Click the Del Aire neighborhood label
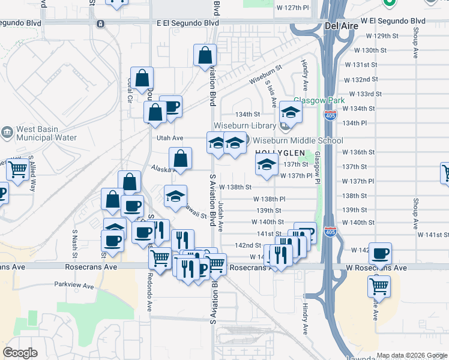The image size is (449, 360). point(340,26)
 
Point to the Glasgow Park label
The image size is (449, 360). point(319,100)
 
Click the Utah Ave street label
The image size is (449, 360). point(170,138)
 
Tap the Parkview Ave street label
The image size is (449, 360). point(74,286)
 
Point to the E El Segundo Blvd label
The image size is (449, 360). point(187,23)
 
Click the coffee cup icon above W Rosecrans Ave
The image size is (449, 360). point(379,253)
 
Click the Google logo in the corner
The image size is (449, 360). point(20,353)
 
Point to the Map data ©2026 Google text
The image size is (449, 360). point(412,355)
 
